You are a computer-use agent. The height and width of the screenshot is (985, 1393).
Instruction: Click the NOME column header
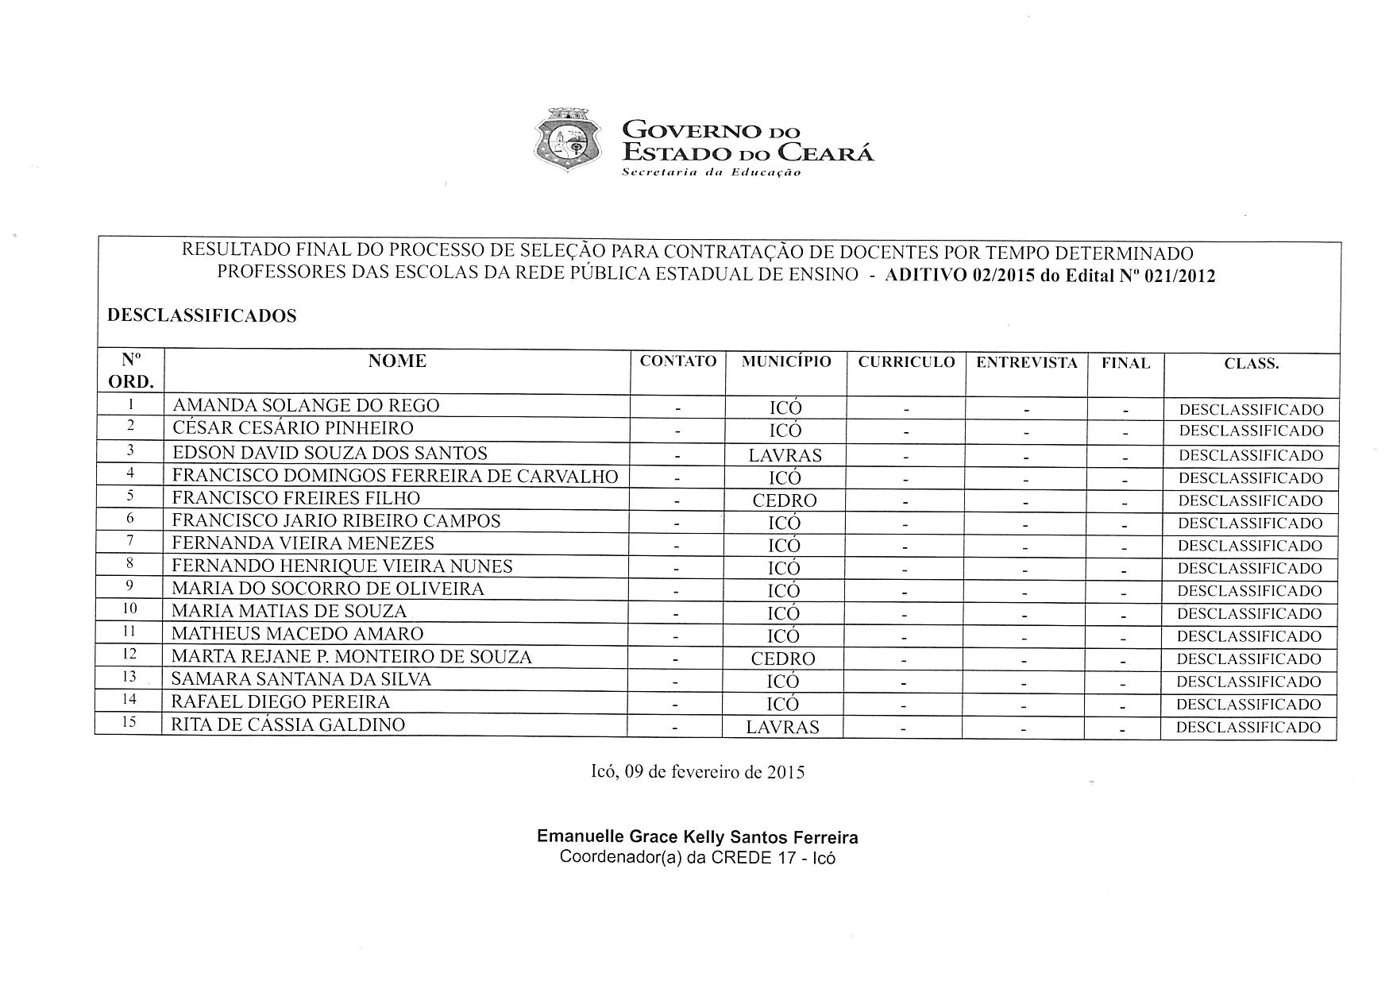pyautogui.click(x=397, y=361)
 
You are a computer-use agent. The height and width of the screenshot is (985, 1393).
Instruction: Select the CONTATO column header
pyautogui.click(x=678, y=361)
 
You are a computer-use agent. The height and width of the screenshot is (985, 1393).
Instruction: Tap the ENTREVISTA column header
pyautogui.click(x=1026, y=363)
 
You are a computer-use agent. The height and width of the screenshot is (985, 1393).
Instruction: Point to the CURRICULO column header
pyautogui.click(x=906, y=362)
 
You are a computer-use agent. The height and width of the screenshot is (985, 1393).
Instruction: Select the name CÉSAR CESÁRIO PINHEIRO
pyautogui.click(x=293, y=428)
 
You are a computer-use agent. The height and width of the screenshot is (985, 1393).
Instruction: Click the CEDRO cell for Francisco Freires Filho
pyautogui.click(x=785, y=501)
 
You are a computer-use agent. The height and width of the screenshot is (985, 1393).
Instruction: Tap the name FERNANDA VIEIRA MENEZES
pyautogui.click(x=303, y=543)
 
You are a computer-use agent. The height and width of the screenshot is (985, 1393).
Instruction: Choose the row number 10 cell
pyautogui.click(x=129, y=609)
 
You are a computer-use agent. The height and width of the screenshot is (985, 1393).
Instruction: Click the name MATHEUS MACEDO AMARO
pyautogui.click(x=297, y=634)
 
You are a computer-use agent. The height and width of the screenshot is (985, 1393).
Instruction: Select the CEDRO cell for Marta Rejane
pyautogui.click(x=783, y=659)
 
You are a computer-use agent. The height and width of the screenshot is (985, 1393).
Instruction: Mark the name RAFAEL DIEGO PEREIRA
pyautogui.click(x=280, y=702)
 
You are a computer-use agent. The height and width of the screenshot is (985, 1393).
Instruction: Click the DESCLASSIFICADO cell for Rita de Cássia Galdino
pyautogui.click(x=1248, y=728)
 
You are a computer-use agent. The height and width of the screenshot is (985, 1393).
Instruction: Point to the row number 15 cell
pyautogui.click(x=129, y=722)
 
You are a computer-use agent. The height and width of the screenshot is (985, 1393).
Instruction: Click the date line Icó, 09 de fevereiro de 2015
pyautogui.click(x=698, y=772)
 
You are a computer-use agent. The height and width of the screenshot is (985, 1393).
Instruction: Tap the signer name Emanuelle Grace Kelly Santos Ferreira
pyautogui.click(x=697, y=837)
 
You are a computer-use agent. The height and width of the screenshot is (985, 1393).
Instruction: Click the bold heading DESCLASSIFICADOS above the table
pyautogui.click(x=202, y=316)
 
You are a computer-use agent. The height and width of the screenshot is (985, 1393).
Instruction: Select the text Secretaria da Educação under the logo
pyautogui.click(x=711, y=172)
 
